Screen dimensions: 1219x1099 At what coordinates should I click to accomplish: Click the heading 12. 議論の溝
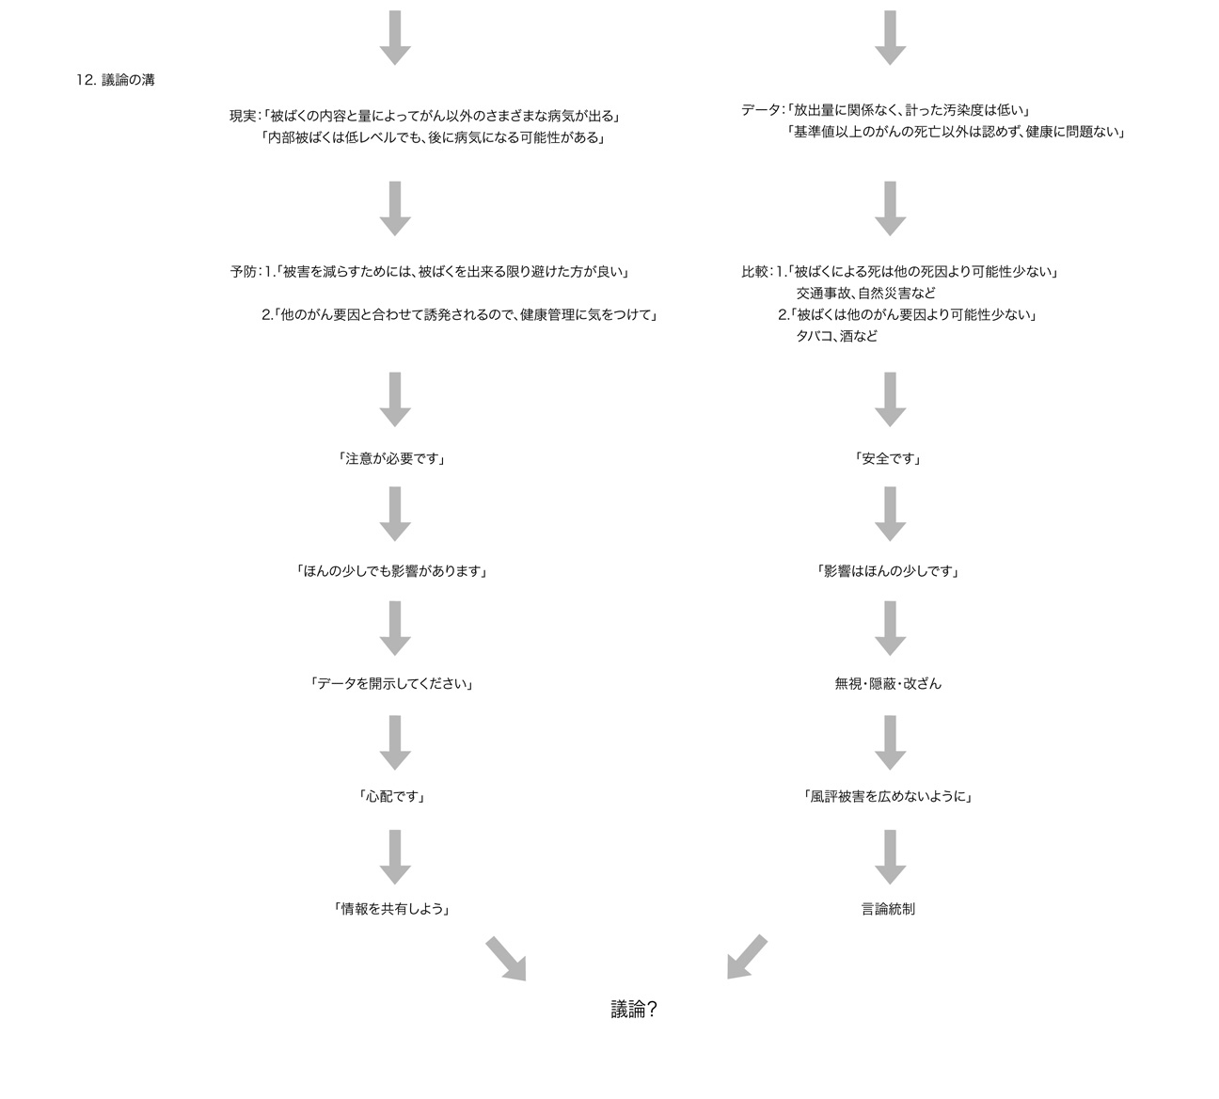(x=116, y=80)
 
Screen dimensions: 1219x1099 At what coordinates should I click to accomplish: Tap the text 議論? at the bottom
(x=634, y=1010)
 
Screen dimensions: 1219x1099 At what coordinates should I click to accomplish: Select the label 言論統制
(x=888, y=909)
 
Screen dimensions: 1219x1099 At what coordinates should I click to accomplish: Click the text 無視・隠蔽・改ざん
(x=888, y=684)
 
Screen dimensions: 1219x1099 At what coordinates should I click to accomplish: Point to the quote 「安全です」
(x=888, y=458)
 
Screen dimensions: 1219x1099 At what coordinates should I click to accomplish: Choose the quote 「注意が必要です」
(x=392, y=458)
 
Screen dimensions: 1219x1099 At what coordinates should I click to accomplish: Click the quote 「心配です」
(x=392, y=796)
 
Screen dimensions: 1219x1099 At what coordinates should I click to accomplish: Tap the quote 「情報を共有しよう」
(x=392, y=909)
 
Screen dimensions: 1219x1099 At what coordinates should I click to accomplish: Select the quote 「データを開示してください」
(x=392, y=684)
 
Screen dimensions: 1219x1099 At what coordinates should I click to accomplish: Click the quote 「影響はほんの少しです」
(x=888, y=571)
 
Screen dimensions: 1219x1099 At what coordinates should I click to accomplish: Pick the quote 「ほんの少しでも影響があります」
(x=392, y=571)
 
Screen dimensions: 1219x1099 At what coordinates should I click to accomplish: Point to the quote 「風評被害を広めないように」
(x=888, y=796)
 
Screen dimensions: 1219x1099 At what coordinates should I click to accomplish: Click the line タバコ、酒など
(x=837, y=336)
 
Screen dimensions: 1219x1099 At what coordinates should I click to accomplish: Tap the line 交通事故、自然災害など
(x=866, y=294)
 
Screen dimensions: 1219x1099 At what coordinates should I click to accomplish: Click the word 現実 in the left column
(x=243, y=116)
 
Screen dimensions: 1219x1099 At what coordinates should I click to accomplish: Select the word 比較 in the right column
(x=754, y=272)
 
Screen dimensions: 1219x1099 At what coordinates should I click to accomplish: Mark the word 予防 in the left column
(x=243, y=272)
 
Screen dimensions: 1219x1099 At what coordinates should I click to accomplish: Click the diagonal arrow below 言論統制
(x=747, y=957)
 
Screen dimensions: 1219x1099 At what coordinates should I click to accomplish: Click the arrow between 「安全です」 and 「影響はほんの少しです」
(x=890, y=514)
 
